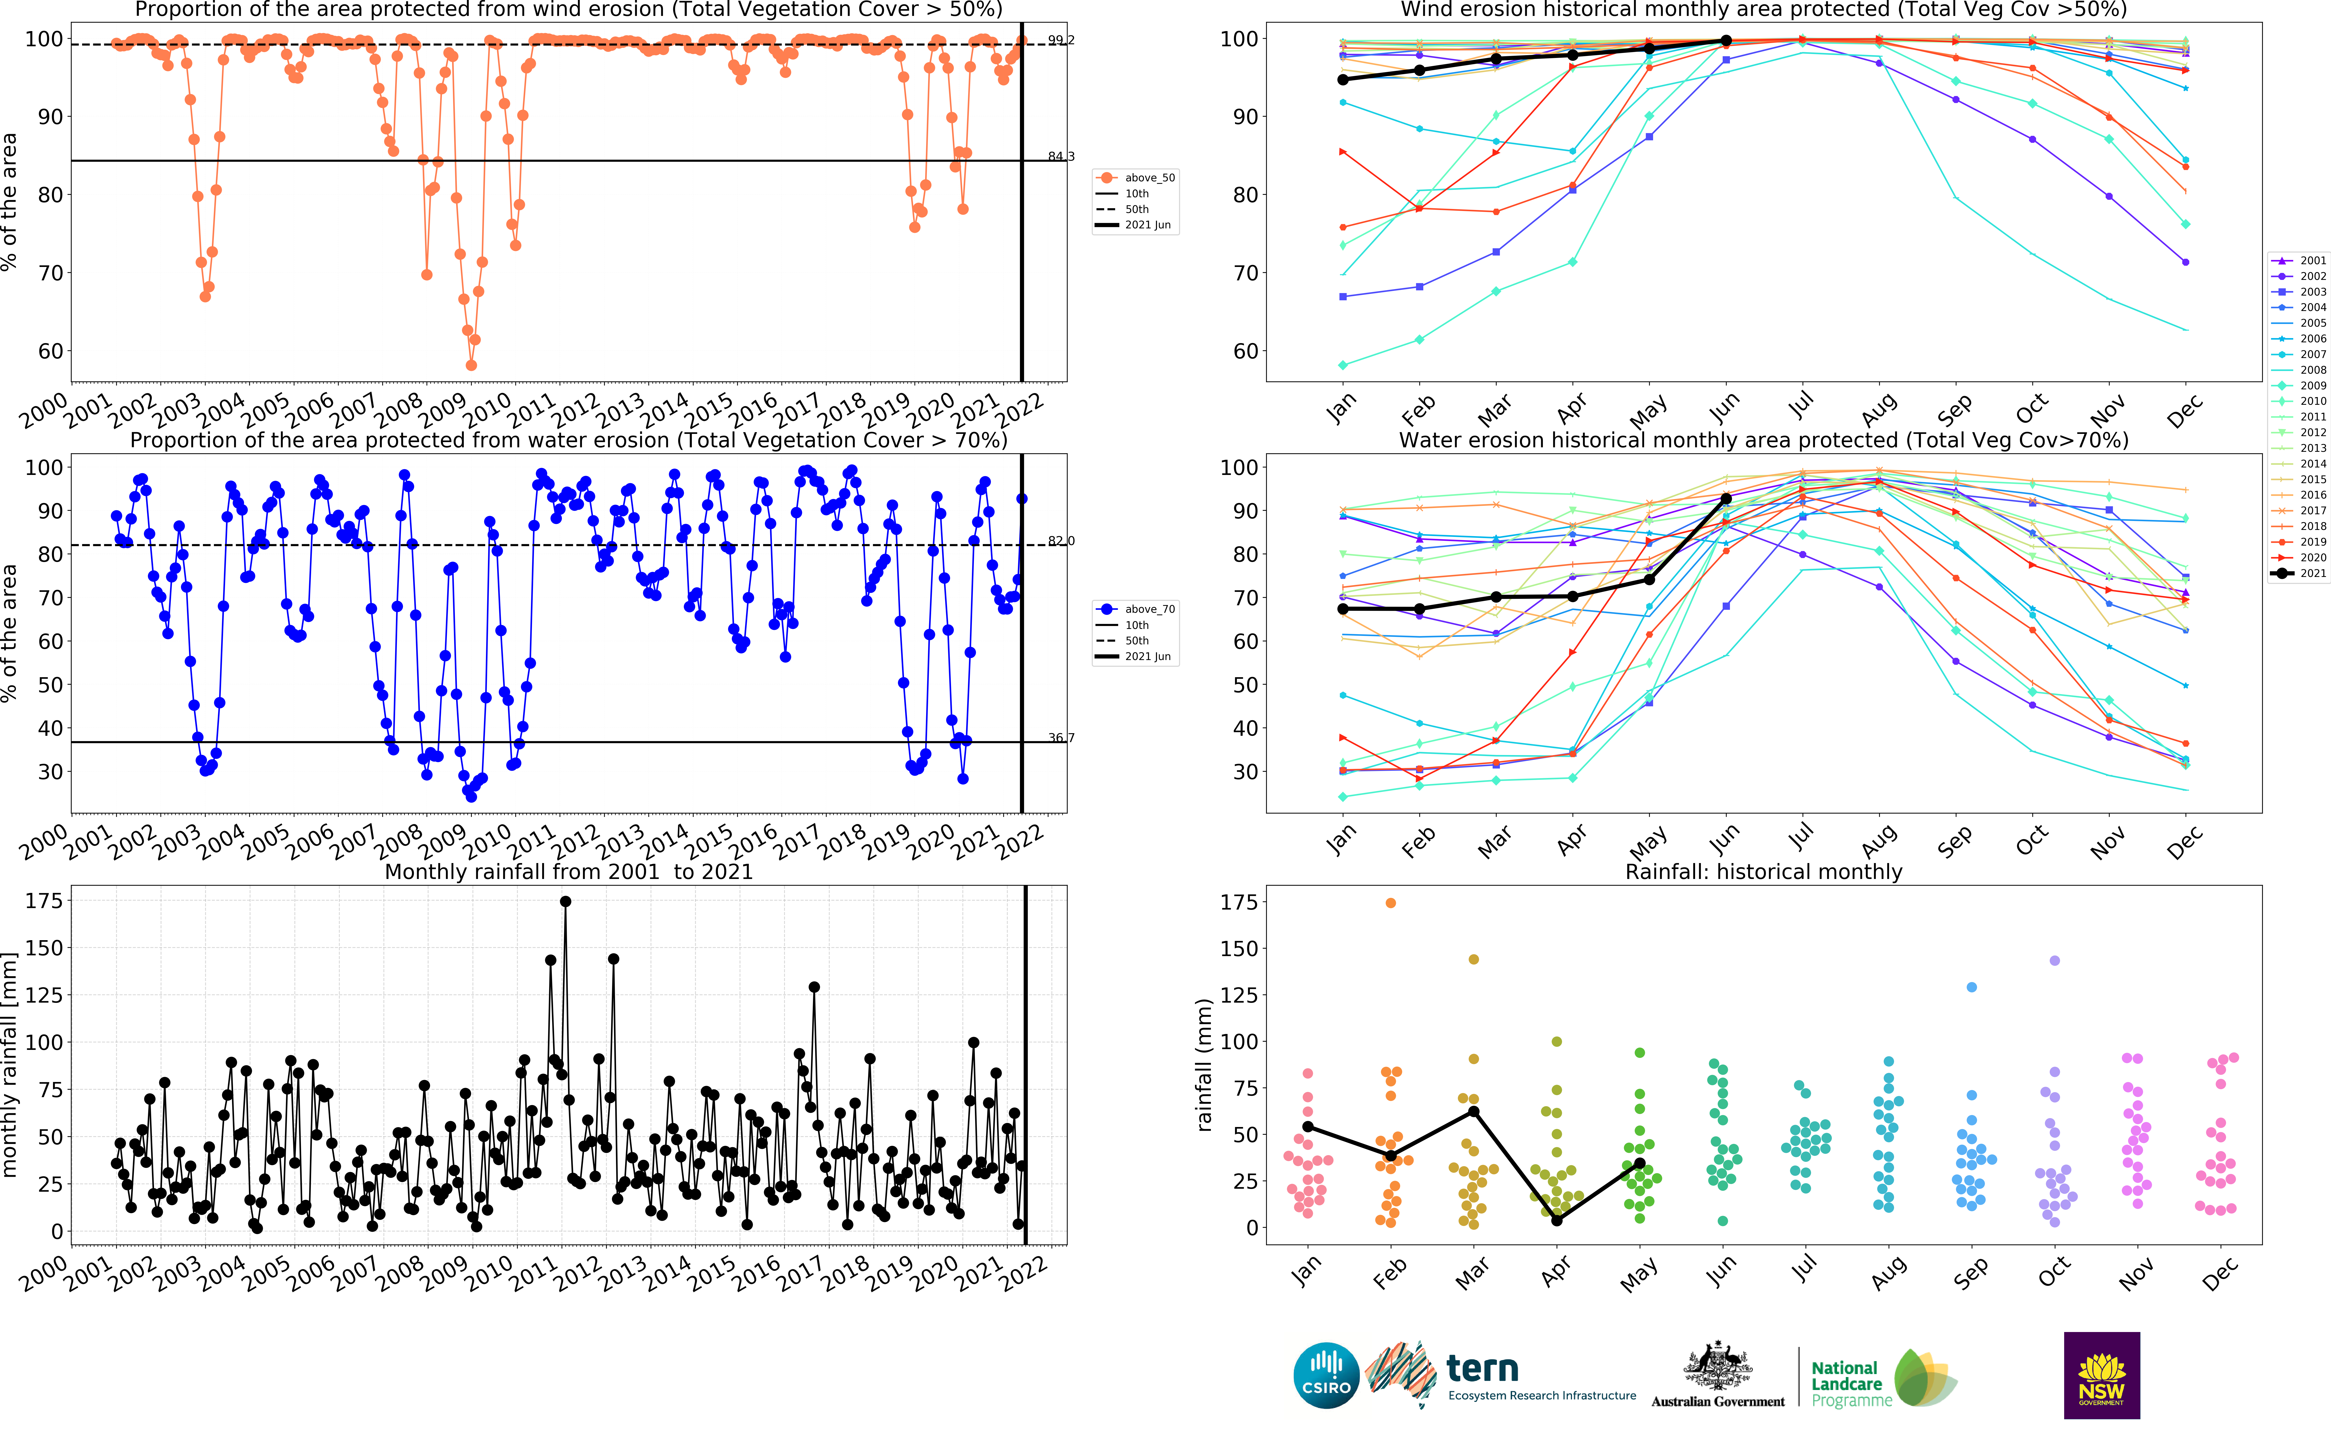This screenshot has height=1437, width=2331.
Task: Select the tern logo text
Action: pyautogui.click(x=1482, y=1369)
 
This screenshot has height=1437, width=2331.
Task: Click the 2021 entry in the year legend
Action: pyautogui.click(x=2299, y=573)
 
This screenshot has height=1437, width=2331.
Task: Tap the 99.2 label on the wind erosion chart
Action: pyautogui.click(x=1061, y=40)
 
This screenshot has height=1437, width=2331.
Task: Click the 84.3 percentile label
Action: pyautogui.click(x=1061, y=156)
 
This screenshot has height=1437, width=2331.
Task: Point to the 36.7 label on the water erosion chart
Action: pyautogui.click(x=1061, y=737)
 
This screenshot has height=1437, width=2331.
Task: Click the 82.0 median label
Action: pyautogui.click(x=1061, y=541)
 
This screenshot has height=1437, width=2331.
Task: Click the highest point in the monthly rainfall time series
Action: pyautogui.click(x=565, y=901)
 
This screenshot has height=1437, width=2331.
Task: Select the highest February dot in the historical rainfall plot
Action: pyautogui.click(x=1391, y=903)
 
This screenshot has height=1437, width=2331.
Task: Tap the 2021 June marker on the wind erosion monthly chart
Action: pyautogui.click(x=1726, y=41)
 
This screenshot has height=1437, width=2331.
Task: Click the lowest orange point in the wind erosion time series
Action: pyautogui.click(x=471, y=365)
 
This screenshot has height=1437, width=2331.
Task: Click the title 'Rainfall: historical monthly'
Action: pyautogui.click(x=1764, y=872)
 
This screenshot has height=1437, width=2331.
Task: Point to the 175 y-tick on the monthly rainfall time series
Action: pyautogui.click(x=44, y=900)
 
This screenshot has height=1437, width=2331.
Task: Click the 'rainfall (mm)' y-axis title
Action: pyautogui.click(x=1204, y=1065)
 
